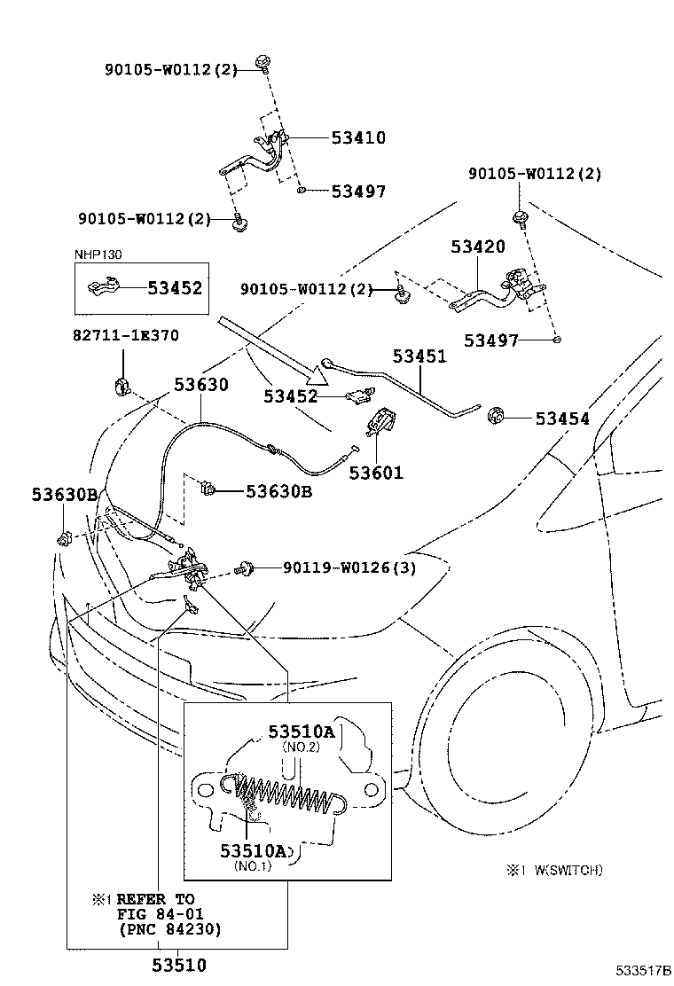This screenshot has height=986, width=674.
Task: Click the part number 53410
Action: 358,137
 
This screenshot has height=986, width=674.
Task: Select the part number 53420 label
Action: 477,246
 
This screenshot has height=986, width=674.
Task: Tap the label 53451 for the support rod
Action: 419,356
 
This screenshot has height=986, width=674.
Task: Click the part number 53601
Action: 375,473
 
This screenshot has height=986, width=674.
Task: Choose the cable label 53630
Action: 200,385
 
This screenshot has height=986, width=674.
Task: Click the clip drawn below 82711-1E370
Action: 121,386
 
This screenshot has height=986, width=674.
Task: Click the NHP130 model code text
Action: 98,254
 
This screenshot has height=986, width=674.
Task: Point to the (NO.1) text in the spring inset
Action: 253,866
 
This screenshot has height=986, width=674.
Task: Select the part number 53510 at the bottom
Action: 178,966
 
